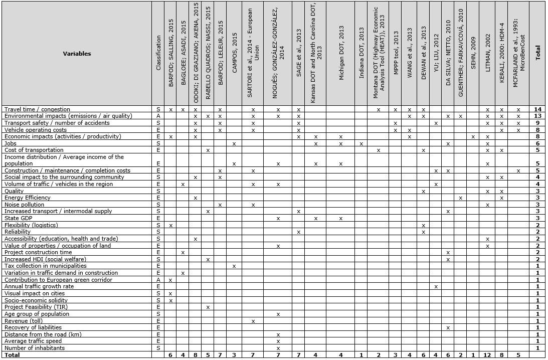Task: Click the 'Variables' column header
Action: click(77, 54)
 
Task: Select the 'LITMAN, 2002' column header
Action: click(487, 53)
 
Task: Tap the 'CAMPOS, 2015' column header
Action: click(235, 53)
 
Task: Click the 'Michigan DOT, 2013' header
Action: click(341, 53)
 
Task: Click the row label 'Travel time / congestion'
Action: click(37, 109)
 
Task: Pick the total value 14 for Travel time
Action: click(537, 109)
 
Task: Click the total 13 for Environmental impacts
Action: click(537, 116)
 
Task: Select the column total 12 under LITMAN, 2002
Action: click(487, 355)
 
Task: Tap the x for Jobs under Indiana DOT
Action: click(361, 143)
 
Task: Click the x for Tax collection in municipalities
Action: click(235, 266)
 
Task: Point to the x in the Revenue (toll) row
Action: click(253, 321)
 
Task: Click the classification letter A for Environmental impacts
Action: click(158, 116)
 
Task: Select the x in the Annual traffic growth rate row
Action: click(436, 287)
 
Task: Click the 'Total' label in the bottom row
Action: click(12, 355)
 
